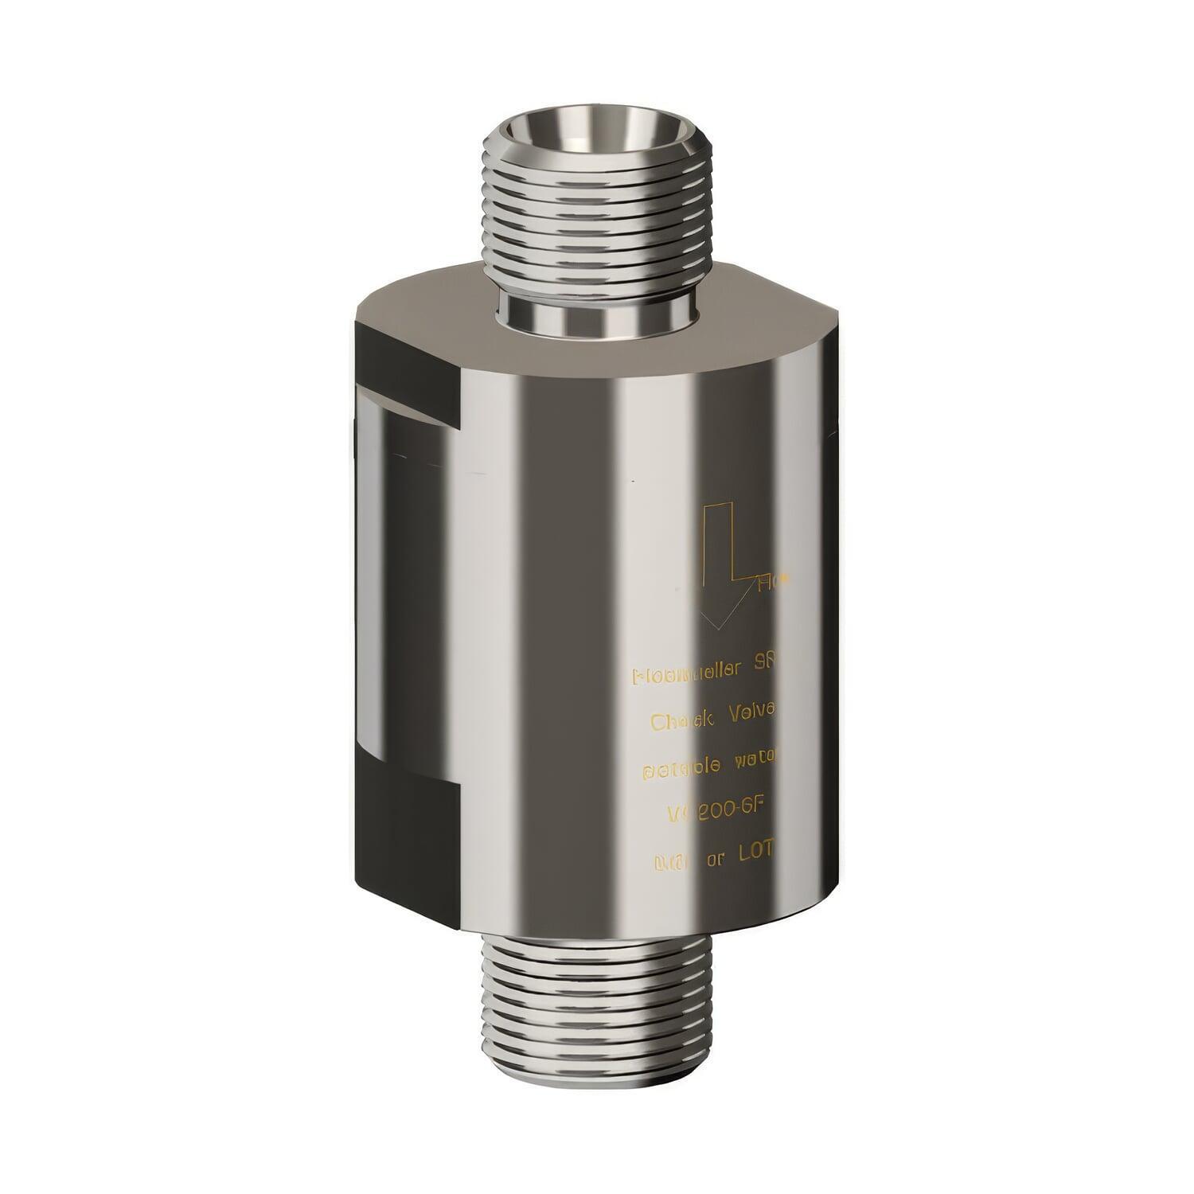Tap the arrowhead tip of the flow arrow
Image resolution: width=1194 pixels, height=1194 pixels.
point(718,629)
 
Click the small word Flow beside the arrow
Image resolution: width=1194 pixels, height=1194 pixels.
point(773,583)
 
